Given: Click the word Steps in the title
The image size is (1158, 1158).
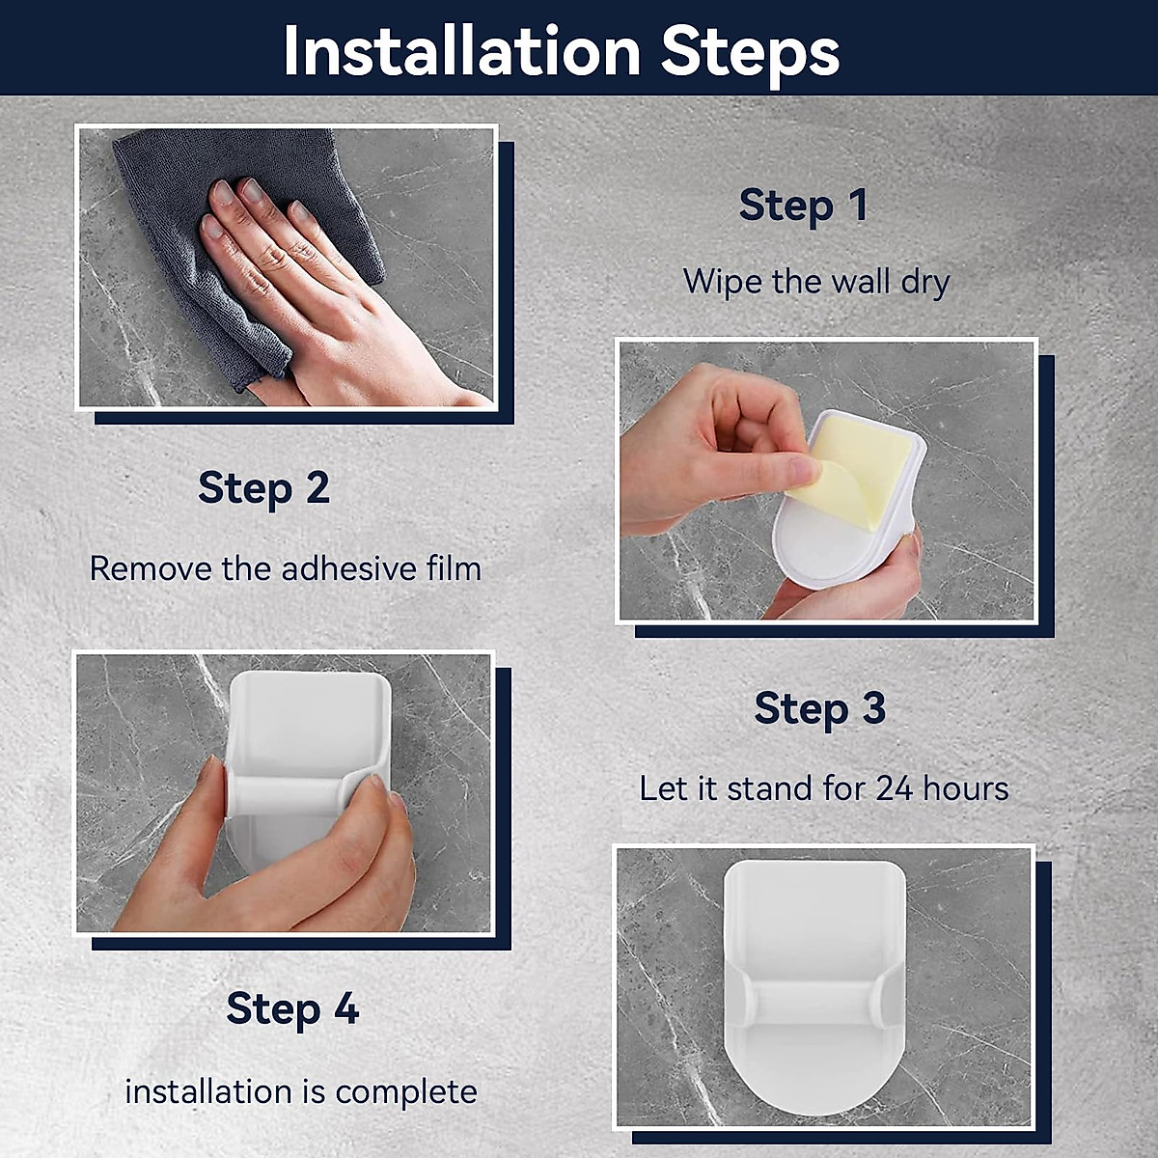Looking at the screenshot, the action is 750,54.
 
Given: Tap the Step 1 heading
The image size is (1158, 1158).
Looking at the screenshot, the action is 804,205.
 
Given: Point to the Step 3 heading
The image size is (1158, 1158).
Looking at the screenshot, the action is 819,708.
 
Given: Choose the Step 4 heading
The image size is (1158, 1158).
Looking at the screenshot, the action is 292,1007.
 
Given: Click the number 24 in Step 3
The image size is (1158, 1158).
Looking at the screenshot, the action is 895,788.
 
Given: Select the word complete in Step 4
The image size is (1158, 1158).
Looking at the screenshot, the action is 406,1091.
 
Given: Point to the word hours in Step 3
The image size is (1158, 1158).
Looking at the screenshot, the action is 966,788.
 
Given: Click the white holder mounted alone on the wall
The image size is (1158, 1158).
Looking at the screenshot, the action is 814,985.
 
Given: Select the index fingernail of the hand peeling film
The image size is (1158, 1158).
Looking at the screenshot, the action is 804,470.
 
